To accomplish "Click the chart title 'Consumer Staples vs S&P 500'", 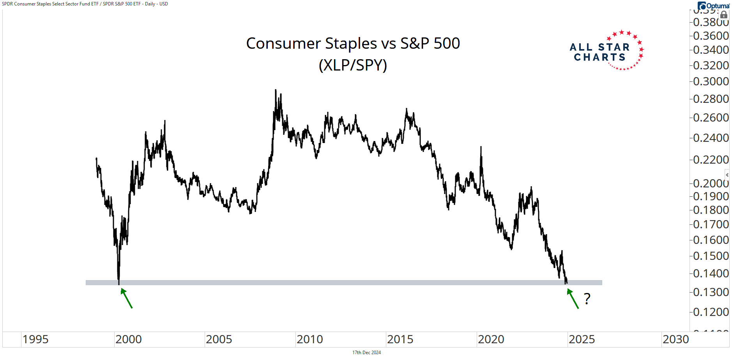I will click(x=353, y=43).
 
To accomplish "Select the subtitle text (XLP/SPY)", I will click(x=353, y=65).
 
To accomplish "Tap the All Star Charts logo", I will click(x=606, y=51).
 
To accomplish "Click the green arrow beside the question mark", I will click(x=573, y=298).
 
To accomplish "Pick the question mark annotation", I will click(x=587, y=299).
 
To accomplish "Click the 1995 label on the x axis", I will click(x=35, y=339).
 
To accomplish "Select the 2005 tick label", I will click(x=219, y=339).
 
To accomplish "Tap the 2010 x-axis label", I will click(x=310, y=339).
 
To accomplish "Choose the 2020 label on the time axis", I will click(x=491, y=339).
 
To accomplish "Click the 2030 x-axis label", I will click(x=676, y=339).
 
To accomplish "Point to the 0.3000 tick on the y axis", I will click(x=711, y=81).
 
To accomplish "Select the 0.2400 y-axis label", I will click(x=711, y=138).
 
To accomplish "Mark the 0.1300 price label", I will click(x=711, y=292).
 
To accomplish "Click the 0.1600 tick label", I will click(x=711, y=240).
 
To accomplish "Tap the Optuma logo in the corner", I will click(x=714, y=6).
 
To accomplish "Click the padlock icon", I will click(x=724, y=15).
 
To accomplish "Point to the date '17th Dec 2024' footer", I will click(x=366, y=353).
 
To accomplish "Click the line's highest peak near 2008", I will click(x=276, y=90).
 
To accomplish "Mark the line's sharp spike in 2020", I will click(x=481, y=147).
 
